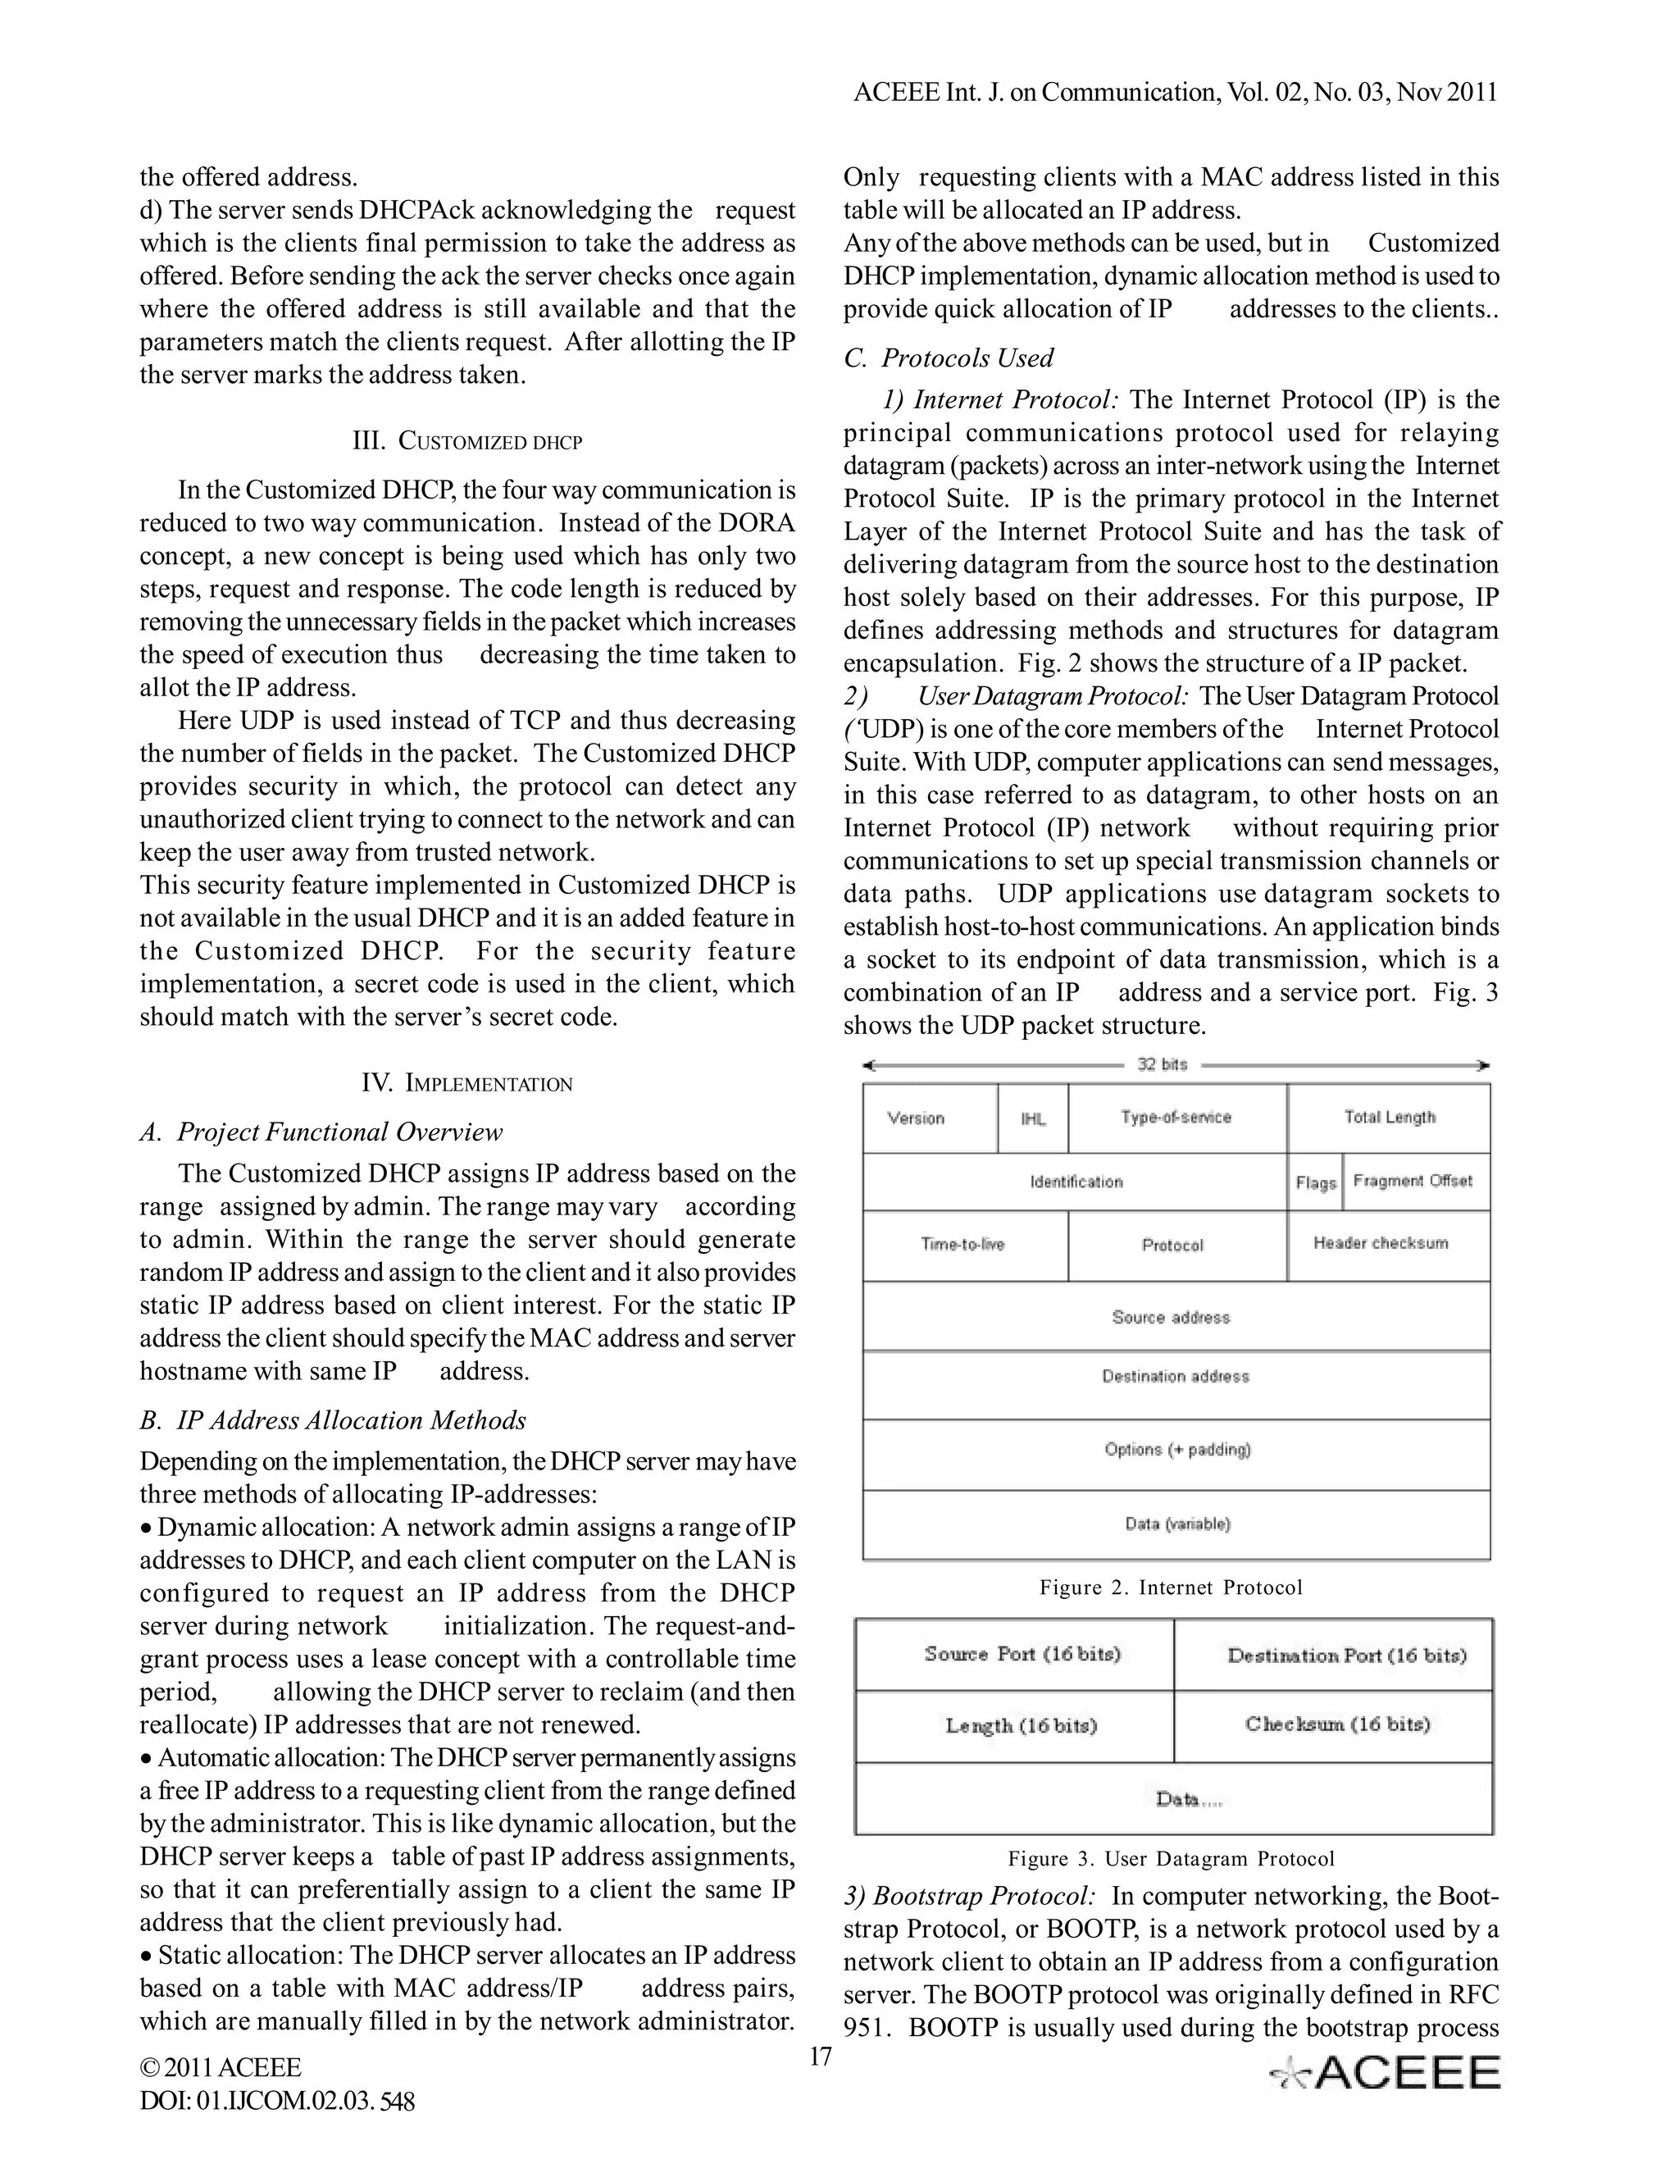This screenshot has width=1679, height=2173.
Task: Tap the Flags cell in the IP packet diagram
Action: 1315,1182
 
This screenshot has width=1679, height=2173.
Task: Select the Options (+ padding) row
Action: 1176,1450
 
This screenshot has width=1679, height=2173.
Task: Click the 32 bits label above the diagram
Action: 1162,1064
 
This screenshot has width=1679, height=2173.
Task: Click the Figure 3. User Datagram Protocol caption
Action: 1171,1860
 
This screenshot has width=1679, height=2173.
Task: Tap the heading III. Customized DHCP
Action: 467,441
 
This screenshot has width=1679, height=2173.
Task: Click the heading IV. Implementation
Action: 467,1083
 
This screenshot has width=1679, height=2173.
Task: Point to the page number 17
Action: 820,2057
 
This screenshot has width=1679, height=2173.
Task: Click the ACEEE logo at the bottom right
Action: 1385,2074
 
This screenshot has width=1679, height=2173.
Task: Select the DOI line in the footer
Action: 278,2102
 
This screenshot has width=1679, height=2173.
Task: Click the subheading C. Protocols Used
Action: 948,358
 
